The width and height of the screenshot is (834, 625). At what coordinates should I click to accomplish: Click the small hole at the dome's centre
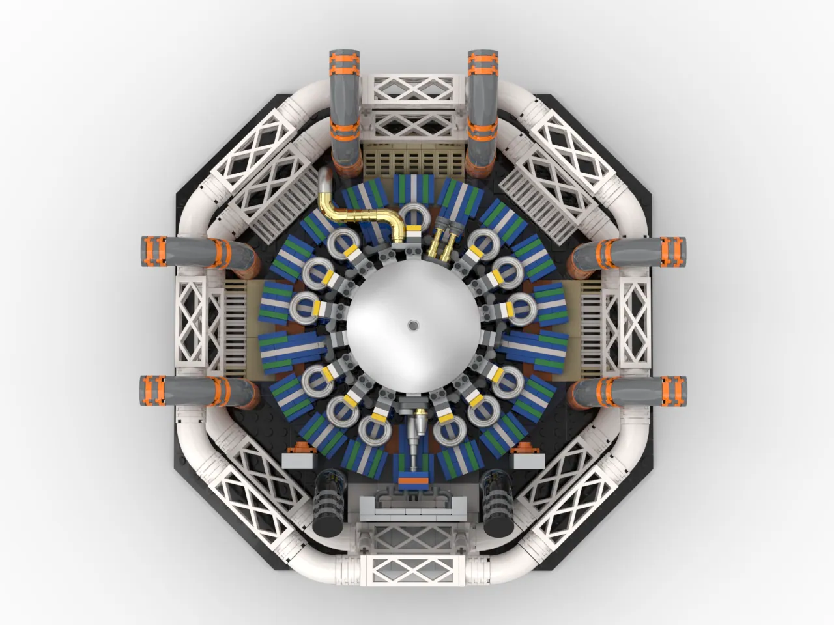(412, 324)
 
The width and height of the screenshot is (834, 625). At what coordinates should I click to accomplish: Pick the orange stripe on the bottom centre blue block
(414, 480)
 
